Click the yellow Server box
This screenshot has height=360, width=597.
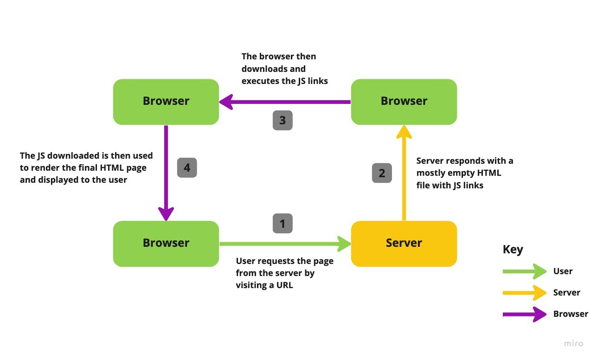coord(404,244)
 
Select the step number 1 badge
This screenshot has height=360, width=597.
coord(282,224)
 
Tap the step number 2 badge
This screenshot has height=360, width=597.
coord(382,173)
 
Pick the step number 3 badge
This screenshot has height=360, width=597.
coord(282,121)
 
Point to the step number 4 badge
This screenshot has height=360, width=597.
coord(187,167)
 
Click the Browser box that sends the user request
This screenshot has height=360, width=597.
coord(166,244)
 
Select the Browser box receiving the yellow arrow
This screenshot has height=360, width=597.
coord(404,102)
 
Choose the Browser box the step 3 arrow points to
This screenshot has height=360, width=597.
coord(166,102)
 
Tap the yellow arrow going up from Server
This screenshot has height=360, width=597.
coord(404,176)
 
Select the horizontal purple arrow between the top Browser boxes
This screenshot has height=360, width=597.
coord(288,102)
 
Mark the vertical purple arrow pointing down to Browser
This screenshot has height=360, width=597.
coord(166,172)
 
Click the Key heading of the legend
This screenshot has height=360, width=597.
coord(513,250)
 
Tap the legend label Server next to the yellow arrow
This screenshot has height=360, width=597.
coord(566,293)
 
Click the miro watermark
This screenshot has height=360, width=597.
coord(573,344)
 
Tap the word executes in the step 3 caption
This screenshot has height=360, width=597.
coord(260,81)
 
